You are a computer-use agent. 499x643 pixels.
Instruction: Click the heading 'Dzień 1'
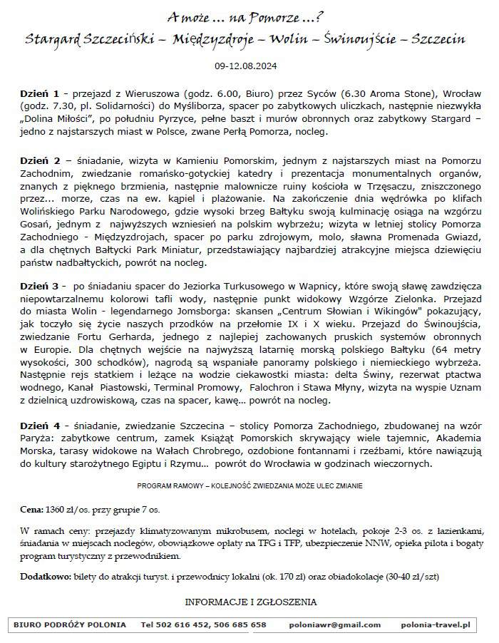coord(39,93)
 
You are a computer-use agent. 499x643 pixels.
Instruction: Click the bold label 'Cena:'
coord(31,510)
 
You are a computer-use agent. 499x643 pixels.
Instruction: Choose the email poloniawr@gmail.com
coord(335,625)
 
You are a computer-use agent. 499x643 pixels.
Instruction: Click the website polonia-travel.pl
coord(436,625)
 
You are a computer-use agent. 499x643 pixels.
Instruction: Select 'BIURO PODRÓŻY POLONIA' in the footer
coord(70,625)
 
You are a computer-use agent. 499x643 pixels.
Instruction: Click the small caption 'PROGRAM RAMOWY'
coord(168,485)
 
